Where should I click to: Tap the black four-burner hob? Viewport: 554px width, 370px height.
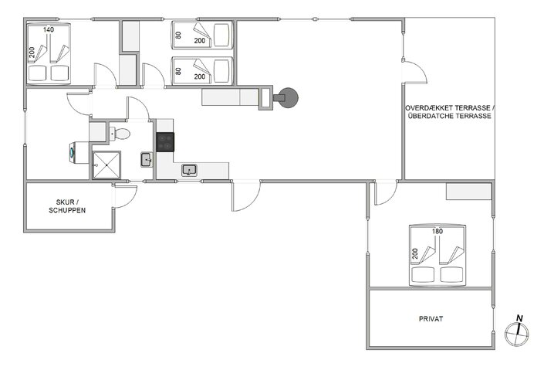coord(166,141)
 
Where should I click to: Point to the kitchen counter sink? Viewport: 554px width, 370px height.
coord(188,169)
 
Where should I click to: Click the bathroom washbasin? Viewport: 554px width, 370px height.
coord(146,160)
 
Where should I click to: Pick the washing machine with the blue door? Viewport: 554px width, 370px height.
coord(73,151)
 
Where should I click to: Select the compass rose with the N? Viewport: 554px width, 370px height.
coord(516,331)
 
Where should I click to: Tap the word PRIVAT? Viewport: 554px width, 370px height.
coord(431,317)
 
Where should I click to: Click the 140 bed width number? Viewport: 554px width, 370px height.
coord(49,29)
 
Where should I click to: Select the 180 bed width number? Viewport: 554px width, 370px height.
coord(437,231)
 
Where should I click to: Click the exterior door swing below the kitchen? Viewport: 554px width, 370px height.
coord(242,197)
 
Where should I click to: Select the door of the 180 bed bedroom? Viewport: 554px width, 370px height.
coord(384,193)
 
